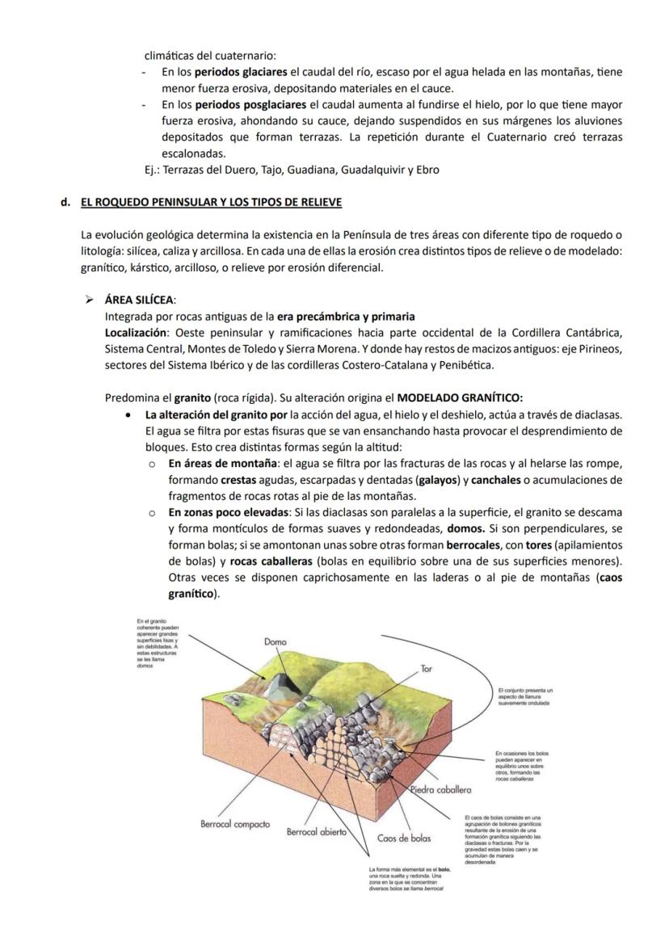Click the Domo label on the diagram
[x=276, y=641]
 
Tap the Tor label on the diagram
[x=426, y=669]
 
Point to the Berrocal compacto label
[x=235, y=825]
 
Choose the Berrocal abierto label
[x=317, y=831]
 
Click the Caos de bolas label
[x=404, y=839]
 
